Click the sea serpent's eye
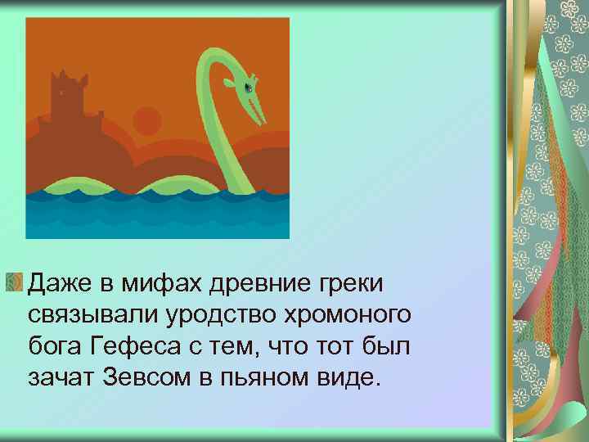[x=249, y=87]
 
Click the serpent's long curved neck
[x=208, y=123]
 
